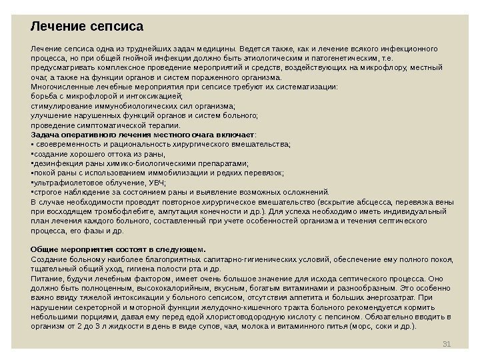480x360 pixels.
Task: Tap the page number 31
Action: point(447,343)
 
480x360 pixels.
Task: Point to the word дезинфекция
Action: point(56,162)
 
